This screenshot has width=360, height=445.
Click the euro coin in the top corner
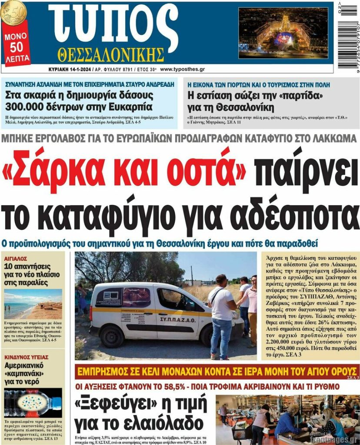tap(13, 11)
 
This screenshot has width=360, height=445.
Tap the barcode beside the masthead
tap(349, 30)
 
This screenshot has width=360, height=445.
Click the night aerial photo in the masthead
tap(283, 33)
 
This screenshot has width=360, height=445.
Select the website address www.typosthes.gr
tap(182, 69)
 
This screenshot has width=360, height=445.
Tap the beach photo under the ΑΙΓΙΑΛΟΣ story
tap(33, 304)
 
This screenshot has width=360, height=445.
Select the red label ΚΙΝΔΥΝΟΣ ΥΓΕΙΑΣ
tap(26, 357)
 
